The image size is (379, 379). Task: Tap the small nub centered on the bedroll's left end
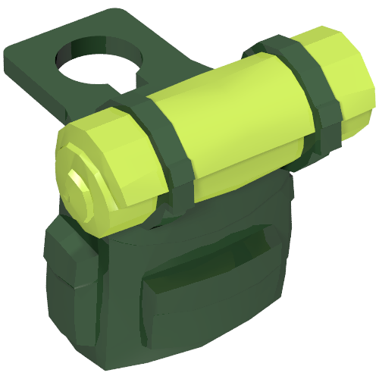[x=78, y=180]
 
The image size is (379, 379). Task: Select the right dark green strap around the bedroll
[x=307, y=91]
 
